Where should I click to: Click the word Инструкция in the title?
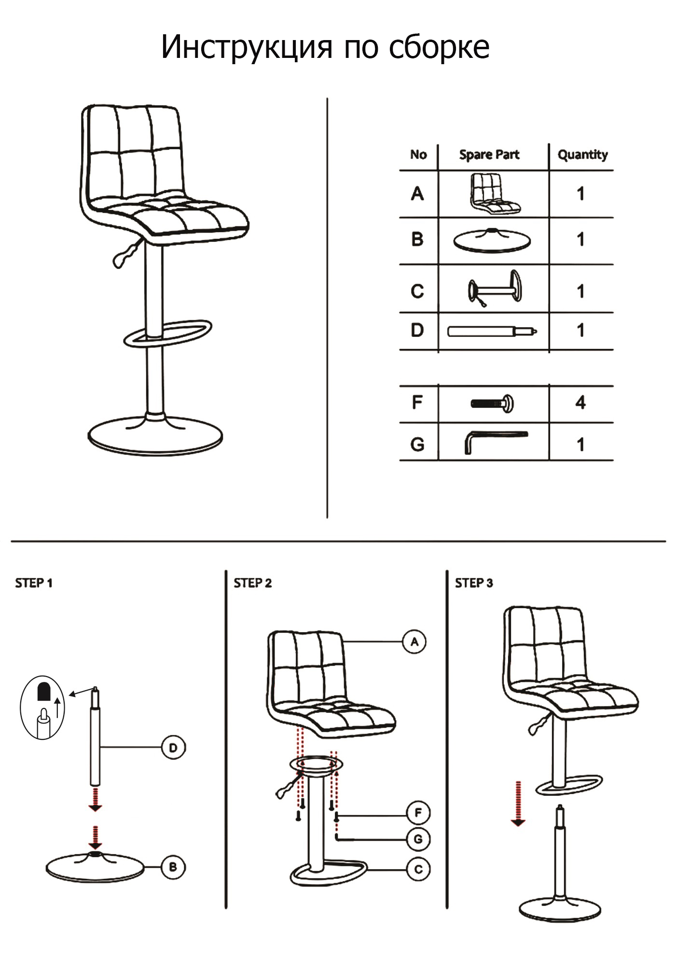tap(247, 47)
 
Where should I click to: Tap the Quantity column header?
tap(582, 155)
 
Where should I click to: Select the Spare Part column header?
tap(489, 155)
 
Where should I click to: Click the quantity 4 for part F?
tap(580, 402)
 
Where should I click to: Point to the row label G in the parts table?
tap(417, 444)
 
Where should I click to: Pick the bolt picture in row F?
tap(493, 403)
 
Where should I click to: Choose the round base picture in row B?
tap(492, 240)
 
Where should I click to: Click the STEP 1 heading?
tap(34, 583)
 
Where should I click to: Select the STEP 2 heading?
tap(252, 583)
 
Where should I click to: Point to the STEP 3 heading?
tap(474, 583)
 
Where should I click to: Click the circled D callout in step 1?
tap(173, 748)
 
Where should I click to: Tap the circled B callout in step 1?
tap(173, 867)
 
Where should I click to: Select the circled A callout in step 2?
tap(414, 642)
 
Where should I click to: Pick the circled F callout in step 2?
tap(418, 813)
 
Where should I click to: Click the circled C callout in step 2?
tap(418, 869)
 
